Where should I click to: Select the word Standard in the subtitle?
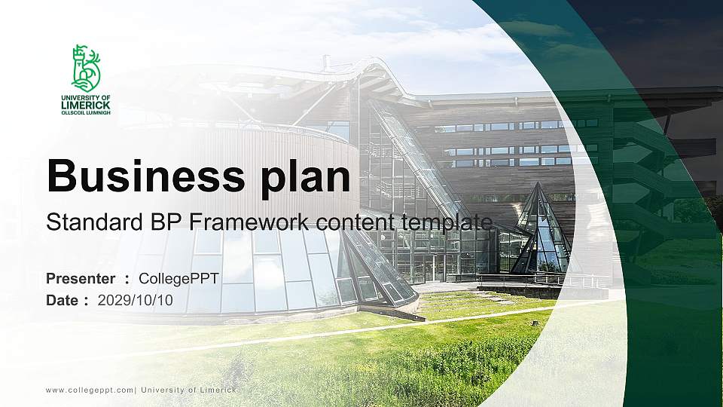(x=88, y=223)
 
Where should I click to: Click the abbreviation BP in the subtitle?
(x=152, y=223)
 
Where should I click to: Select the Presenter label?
(x=81, y=279)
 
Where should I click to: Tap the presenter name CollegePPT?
(x=179, y=279)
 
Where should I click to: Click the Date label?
(x=63, y=300)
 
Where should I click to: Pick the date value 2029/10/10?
(x=136, y=300)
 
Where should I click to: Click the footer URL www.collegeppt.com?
(x=90, y=390)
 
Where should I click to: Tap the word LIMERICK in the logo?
(x=86, y=106)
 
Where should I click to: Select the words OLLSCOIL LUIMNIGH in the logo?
(x=86, y=113)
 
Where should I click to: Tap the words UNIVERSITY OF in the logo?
(x=86, y=98)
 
